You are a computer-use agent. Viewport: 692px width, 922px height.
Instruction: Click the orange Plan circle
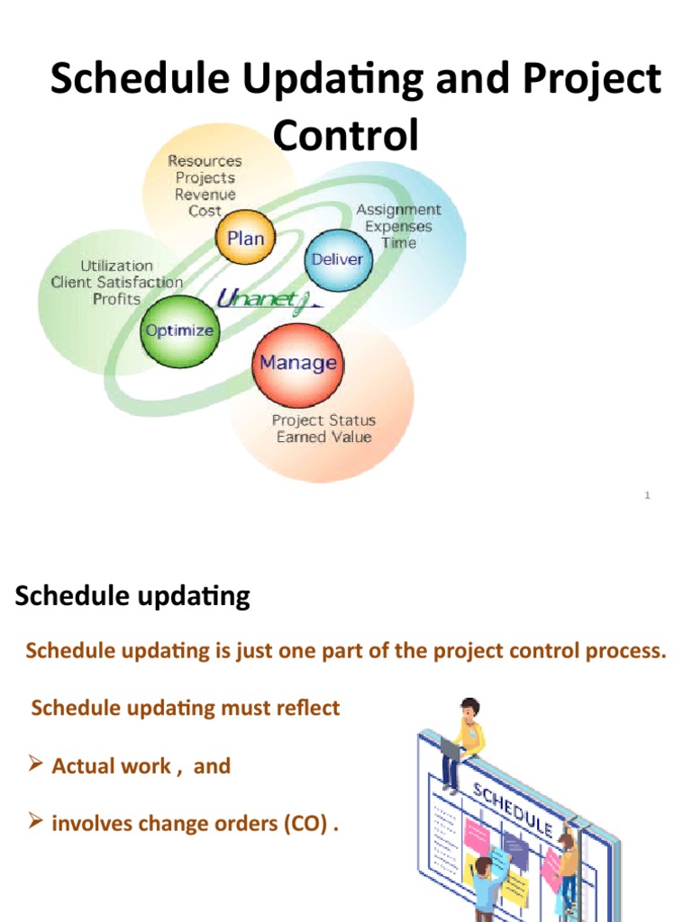coord(245,239)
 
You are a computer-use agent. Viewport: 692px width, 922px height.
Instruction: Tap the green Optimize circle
coord(179,330)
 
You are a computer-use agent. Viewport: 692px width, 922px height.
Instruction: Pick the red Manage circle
coord(297,363)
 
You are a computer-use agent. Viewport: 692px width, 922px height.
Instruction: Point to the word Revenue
coord(205,194)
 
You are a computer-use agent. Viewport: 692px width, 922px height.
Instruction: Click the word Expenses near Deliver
coord(398,226)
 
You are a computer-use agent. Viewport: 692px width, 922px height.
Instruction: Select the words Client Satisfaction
coord(116,283)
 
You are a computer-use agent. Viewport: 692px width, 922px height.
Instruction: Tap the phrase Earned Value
coord(323,438)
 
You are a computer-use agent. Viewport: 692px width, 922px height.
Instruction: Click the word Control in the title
coord(346,137)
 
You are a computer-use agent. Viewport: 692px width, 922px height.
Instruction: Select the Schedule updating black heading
coord(132,596)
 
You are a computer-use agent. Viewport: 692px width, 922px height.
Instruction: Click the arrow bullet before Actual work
coord(36,766)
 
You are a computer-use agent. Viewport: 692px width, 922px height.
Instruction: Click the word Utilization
coord(117,267)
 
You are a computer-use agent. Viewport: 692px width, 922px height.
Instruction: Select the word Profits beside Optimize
coord(117,299)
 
